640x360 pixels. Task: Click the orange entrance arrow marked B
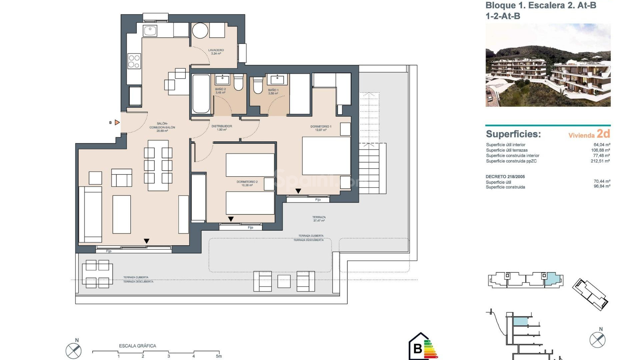[117, 123]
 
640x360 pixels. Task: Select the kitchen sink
[150, 31]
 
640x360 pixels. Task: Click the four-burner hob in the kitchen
[134, 61]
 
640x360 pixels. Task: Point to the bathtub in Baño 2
[201, 94]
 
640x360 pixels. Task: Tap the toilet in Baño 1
[258, 86]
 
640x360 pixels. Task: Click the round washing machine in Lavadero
[200, 31]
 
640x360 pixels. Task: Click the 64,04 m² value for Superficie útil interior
[602, 145]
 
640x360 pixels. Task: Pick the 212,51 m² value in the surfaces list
[600, 161]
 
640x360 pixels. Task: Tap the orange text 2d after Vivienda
[603, 134]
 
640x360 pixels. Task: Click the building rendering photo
[548, 65]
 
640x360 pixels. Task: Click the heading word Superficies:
[513, 134]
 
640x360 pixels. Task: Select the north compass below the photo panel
[597, 339]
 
